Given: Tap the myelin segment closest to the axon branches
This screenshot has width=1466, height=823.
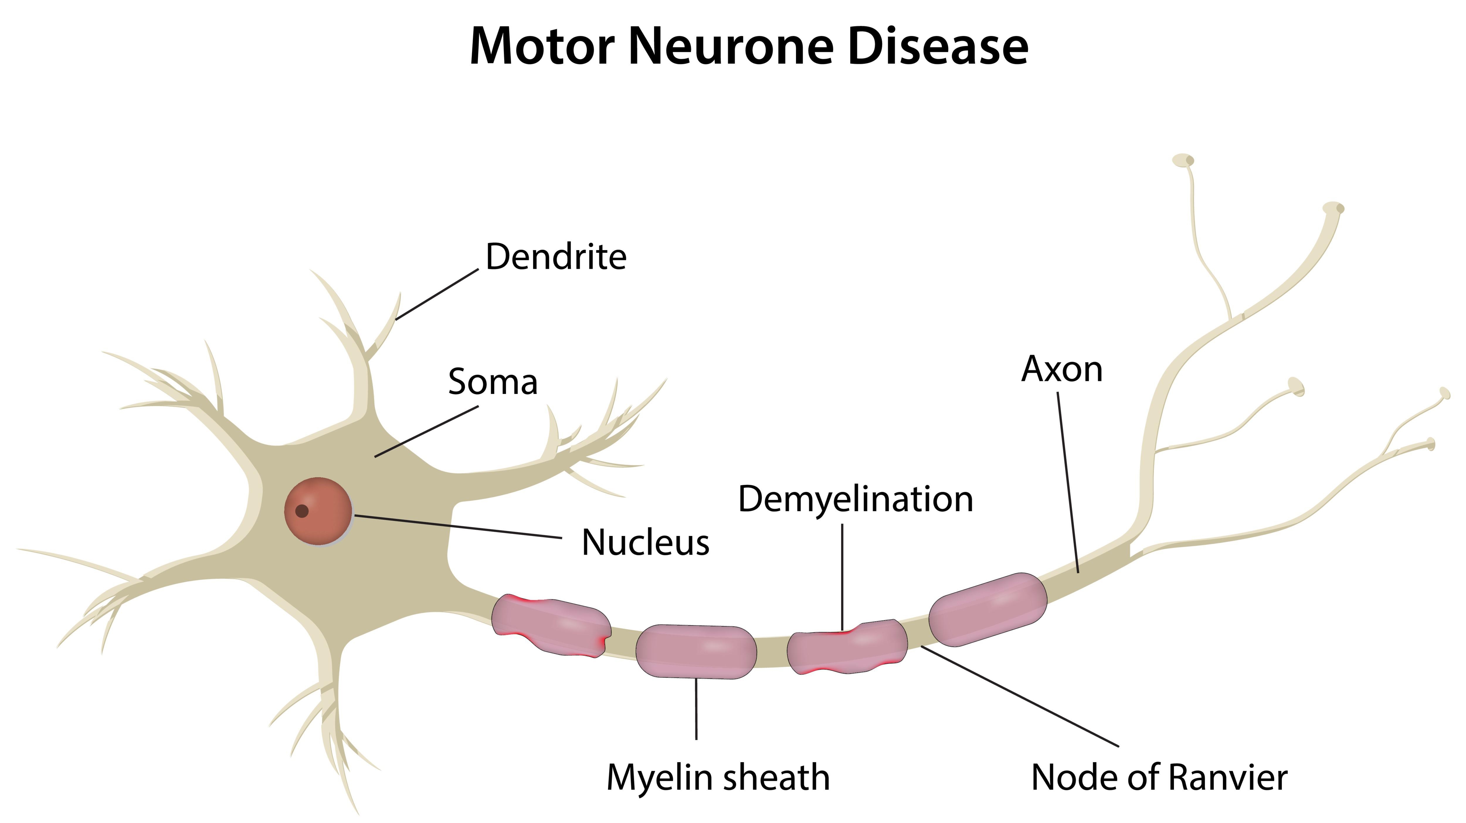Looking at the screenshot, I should (987, 609).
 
